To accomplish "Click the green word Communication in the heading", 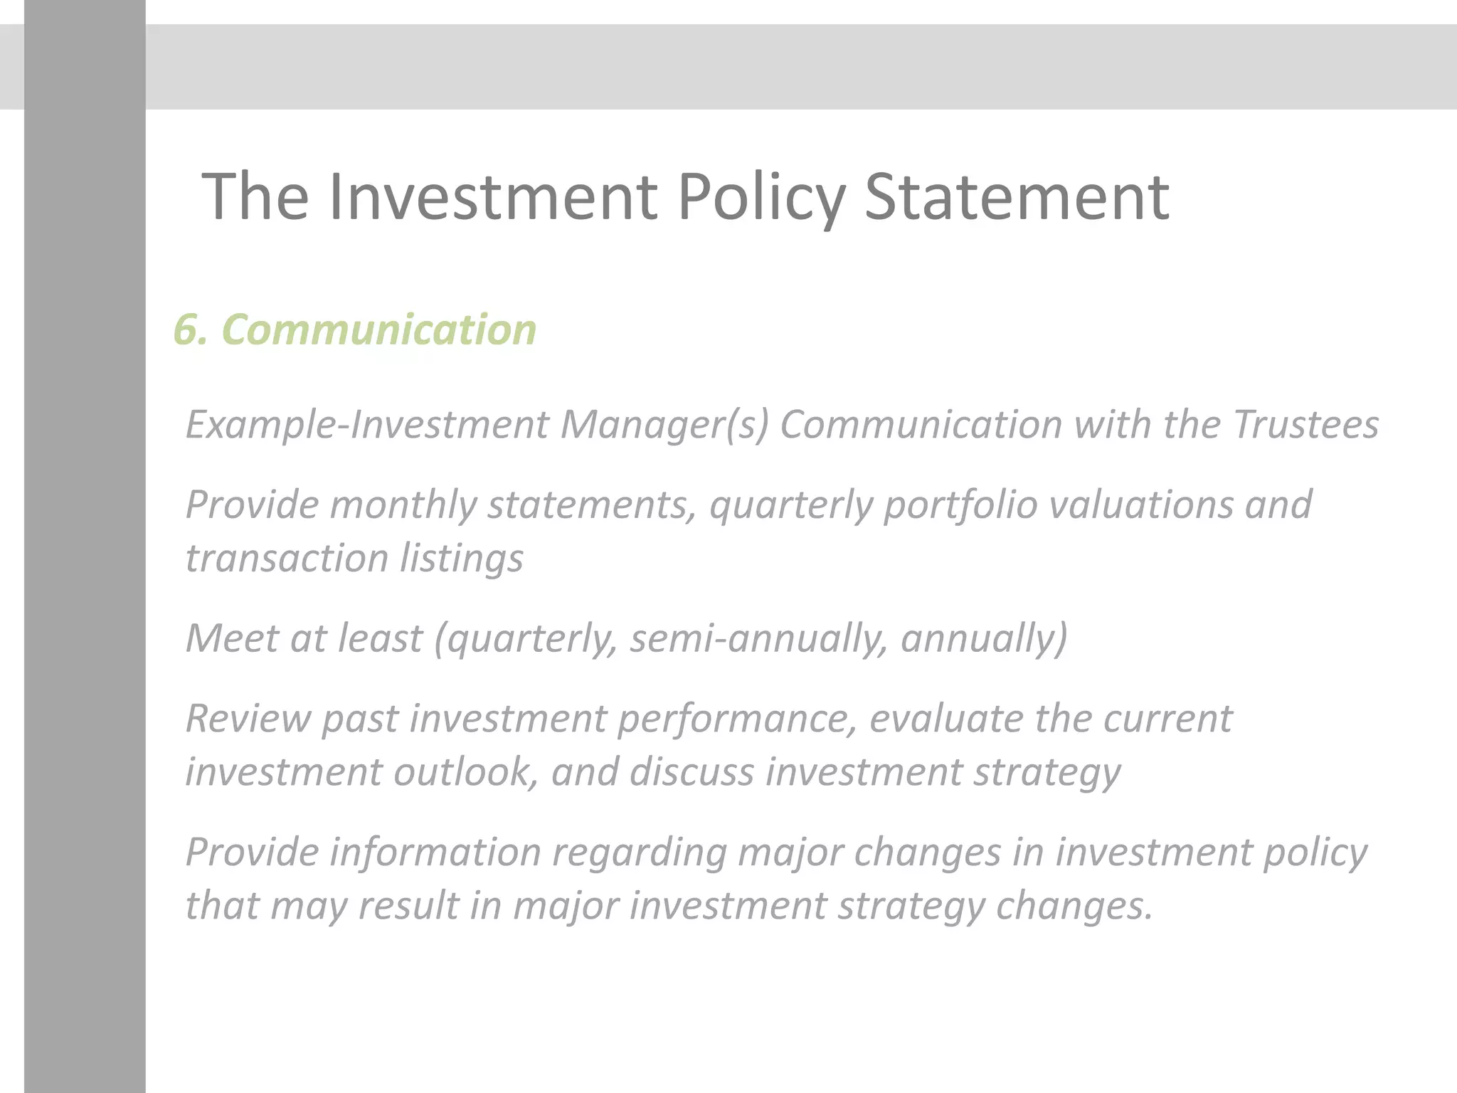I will (378, 330).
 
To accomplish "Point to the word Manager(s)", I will (664, 425).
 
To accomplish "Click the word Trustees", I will (1305, 425).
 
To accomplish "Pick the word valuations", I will (1141, 505).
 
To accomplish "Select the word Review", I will (248, 719).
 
